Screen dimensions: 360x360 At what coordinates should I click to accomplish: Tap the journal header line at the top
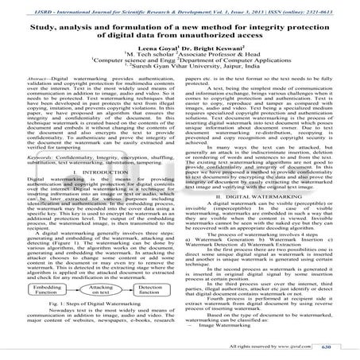click(x=180, y=7)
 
